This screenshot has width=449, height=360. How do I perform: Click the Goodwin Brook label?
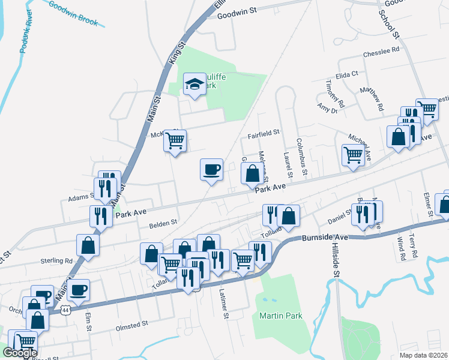(x=73, y=13)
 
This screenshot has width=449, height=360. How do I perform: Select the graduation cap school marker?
(x=194, y=85)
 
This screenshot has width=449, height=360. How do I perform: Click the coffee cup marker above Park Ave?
(x=211, y=170)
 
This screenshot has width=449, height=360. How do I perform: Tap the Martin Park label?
(x=280, y=316)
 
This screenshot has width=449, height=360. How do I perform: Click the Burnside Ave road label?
(x=325, y=238)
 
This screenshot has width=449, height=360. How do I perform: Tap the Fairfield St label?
(x=264, y=131)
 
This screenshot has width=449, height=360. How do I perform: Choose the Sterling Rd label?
(x=56, y=261)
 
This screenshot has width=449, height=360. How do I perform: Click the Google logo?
(x=20, y=352)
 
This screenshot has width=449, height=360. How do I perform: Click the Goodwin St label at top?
(x=237, y=14)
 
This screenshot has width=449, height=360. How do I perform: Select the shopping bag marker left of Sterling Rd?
(x=88, y=245)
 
